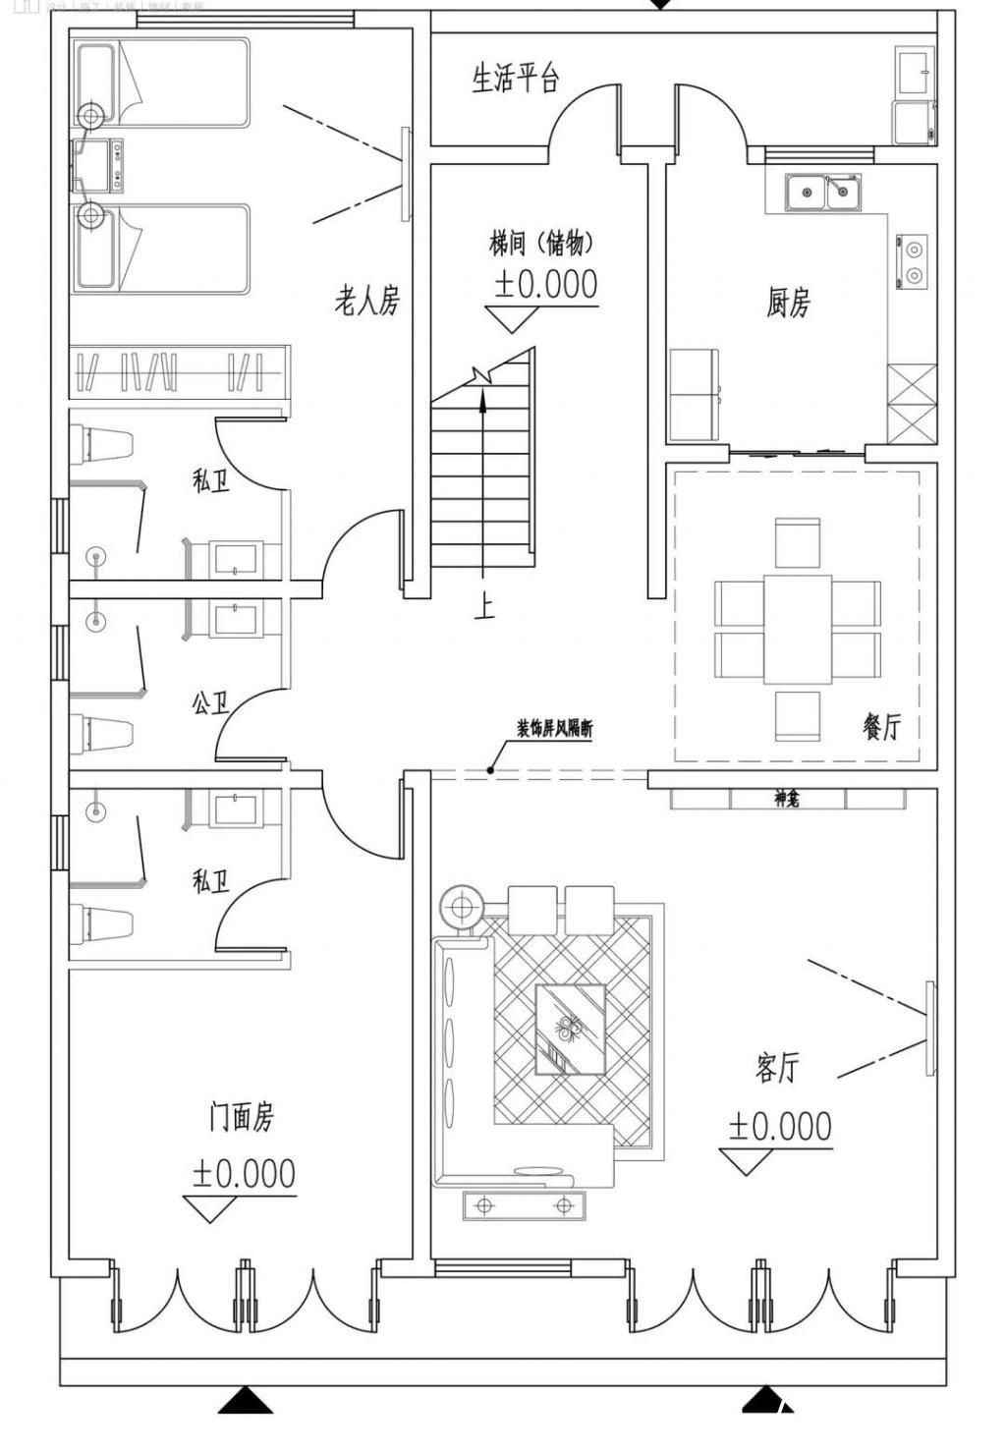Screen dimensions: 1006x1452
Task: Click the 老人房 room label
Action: [x=367, y=301]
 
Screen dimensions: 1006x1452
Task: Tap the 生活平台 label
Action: [x=515, y=78]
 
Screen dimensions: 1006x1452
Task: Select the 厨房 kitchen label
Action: [x=788, y=303]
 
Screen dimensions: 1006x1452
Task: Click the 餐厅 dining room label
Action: [x=880, y=727]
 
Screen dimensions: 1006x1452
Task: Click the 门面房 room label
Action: [x=241, y=1117]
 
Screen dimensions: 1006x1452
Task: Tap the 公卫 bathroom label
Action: [x=209, y=703]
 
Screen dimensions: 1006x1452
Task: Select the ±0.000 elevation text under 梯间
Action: [x=545, y=284]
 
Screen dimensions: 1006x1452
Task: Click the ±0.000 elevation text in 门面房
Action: [x=244, y=1173]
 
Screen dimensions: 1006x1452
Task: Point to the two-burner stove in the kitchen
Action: [x=911, y=261]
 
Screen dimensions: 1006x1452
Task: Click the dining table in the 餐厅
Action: [x=797, y=629]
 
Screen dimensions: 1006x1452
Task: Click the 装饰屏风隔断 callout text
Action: [x=554, y=729]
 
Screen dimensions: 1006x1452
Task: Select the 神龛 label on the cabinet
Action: [x=786, y=800]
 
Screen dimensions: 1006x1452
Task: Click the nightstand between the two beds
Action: [x=98, y=164]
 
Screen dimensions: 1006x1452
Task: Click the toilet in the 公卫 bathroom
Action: [x=102, y=733]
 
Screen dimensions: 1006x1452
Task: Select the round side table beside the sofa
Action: [x=459, y=905]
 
